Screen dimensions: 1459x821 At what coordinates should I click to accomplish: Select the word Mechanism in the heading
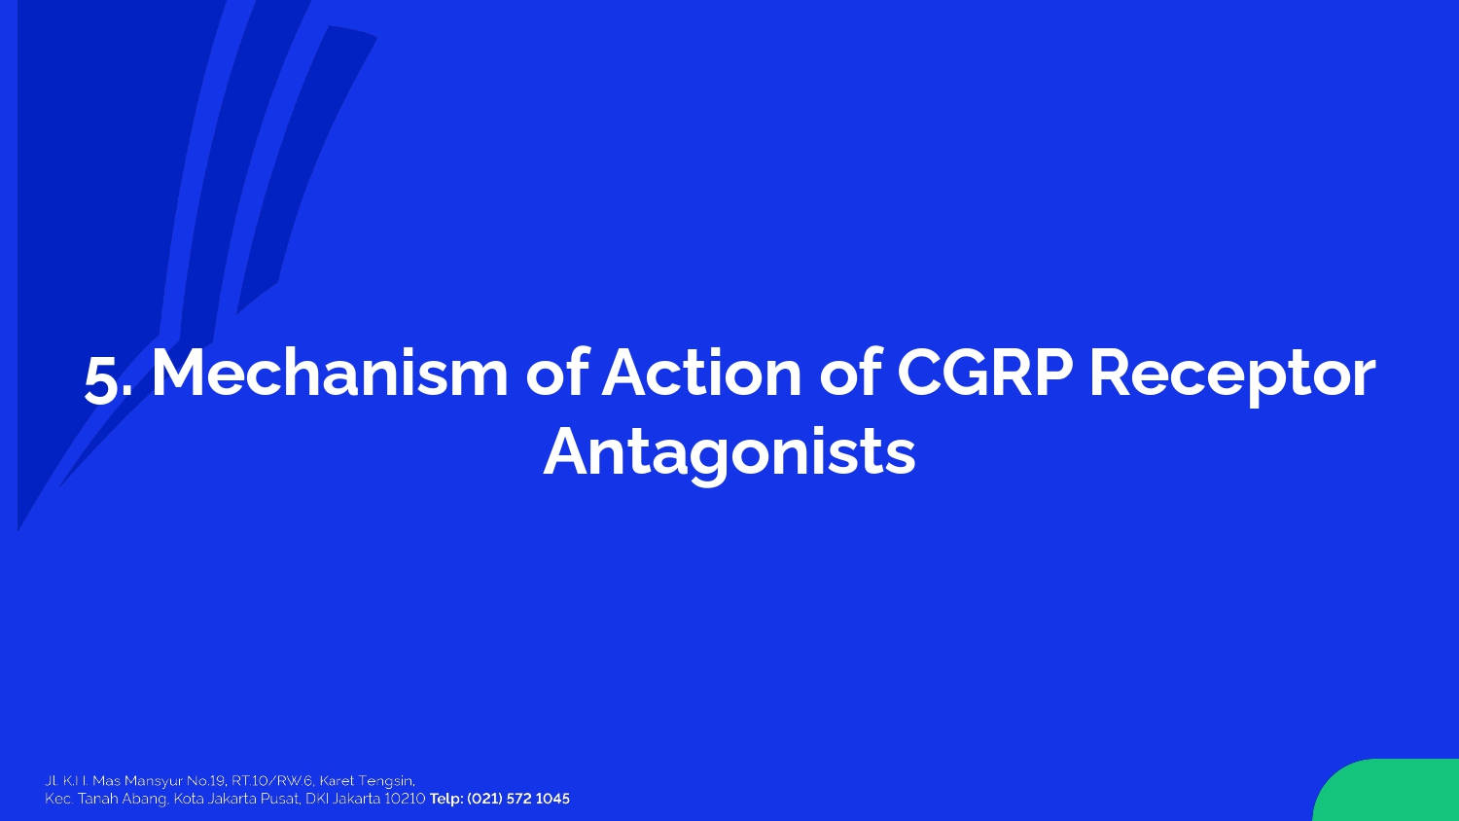(330, 373)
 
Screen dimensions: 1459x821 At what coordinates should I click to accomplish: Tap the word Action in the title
(701, 373)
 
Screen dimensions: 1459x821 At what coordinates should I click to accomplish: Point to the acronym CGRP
(984, 373)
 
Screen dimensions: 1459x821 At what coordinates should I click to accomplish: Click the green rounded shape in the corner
(1391, 793)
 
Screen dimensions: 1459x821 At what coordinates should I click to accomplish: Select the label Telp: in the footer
(446, 799)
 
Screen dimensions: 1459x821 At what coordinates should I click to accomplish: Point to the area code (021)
(482, 799)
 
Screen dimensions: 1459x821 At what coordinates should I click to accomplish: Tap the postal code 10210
(405, 799)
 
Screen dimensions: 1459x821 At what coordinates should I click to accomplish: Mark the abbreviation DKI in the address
(316, 799)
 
